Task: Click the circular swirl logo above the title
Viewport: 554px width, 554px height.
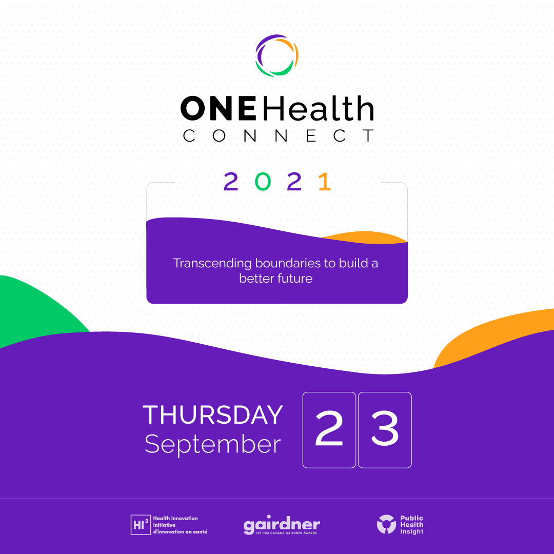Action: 277,55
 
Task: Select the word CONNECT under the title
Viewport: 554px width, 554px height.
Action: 278,136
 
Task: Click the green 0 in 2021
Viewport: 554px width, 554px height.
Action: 262,182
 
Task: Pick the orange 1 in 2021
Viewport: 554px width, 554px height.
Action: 324,182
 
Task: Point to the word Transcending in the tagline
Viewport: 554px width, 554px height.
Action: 212,263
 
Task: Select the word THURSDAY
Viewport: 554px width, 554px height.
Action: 213,415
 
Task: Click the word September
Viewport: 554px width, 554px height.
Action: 212,444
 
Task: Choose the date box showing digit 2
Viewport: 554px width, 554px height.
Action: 329,430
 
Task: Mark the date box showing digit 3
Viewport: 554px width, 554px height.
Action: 385,430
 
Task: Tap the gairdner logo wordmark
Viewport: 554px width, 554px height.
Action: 282,525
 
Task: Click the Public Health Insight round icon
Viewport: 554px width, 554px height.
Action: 386,524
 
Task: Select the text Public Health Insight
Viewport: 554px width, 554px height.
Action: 412,525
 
